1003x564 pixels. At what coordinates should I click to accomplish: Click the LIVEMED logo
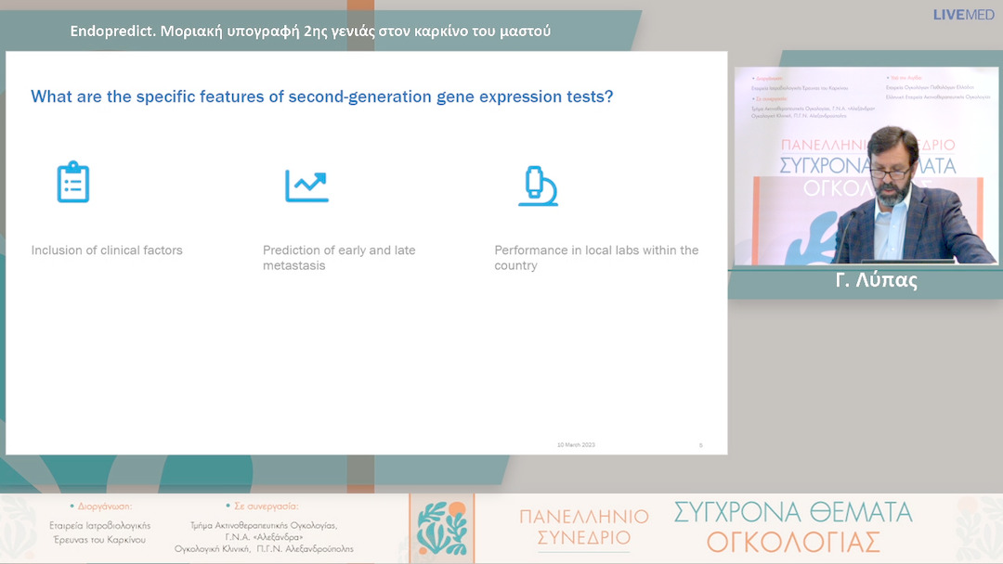coord(963,15)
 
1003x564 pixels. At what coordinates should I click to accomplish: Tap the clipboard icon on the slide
coord(72,183)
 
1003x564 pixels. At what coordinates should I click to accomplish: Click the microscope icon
coord(537,186)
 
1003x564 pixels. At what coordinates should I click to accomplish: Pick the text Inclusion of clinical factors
coord(107,250)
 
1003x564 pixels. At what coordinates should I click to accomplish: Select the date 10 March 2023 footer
coord(576,445)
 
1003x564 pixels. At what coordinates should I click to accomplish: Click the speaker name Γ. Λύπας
coord(876,281)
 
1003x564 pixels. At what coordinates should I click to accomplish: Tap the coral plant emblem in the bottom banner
coord(440,529)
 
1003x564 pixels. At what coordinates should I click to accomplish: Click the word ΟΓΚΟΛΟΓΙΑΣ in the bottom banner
coord(793,541)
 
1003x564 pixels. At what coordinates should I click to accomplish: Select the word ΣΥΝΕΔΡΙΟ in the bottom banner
coord(583,537)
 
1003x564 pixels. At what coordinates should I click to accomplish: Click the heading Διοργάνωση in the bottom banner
coord(103,506)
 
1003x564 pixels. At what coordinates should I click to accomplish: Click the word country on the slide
coord(515,266)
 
